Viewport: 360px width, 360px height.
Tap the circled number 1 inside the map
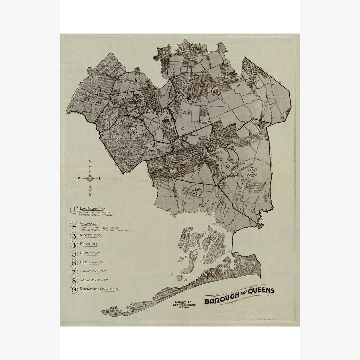pyautogui.click(x=96, y=90)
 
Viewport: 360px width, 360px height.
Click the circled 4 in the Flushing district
pyautogui.click(x=216, y=91)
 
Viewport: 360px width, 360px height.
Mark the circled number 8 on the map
pyautogui.click(x=252, y=172)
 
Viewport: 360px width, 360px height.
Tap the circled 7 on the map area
pyautogui.click(x=197, y=192)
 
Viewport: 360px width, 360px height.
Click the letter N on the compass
pyautogui.click(x=90, y=162)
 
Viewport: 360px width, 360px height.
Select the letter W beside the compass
pyautogui.click(x=79, y=178)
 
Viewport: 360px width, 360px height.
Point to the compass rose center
pyautogui.click(x=90, y=178)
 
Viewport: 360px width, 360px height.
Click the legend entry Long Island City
pyautogui.click(x=92, y=209)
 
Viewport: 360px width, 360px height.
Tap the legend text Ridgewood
pyautogui.click(x=91, y=235)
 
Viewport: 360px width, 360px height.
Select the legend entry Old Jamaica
pyautogui.click(x=92, y=263)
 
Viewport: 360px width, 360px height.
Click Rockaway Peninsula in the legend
pyautogui.click(x=99, y=289)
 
